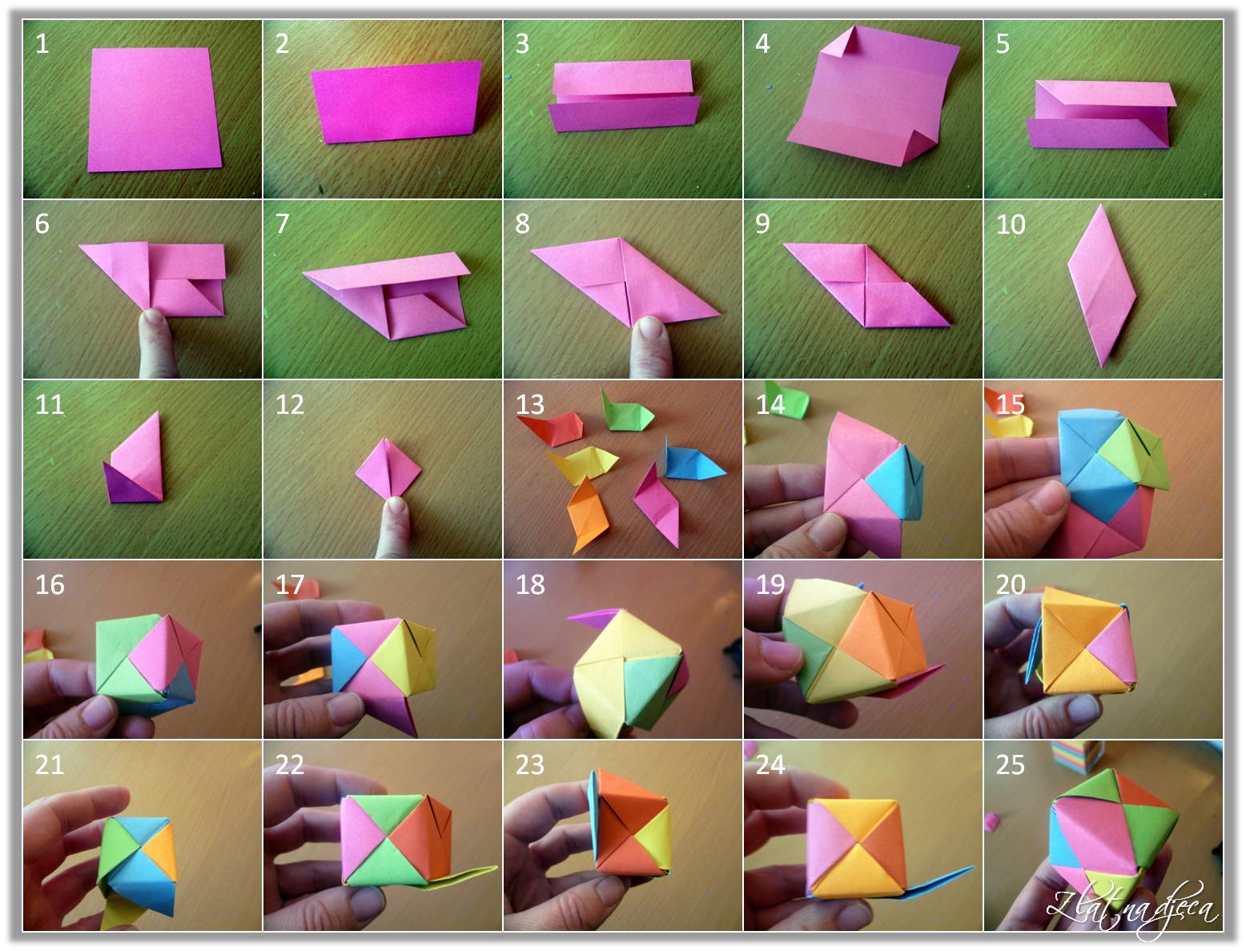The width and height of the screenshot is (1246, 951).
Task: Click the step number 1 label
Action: (42, 43)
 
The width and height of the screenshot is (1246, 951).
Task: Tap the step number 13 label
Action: (530, 404)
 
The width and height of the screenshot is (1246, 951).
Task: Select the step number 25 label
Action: (1010, 764)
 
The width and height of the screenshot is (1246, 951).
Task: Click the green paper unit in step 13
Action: (627, 409)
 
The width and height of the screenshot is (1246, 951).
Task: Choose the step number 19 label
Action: (770, 584)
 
